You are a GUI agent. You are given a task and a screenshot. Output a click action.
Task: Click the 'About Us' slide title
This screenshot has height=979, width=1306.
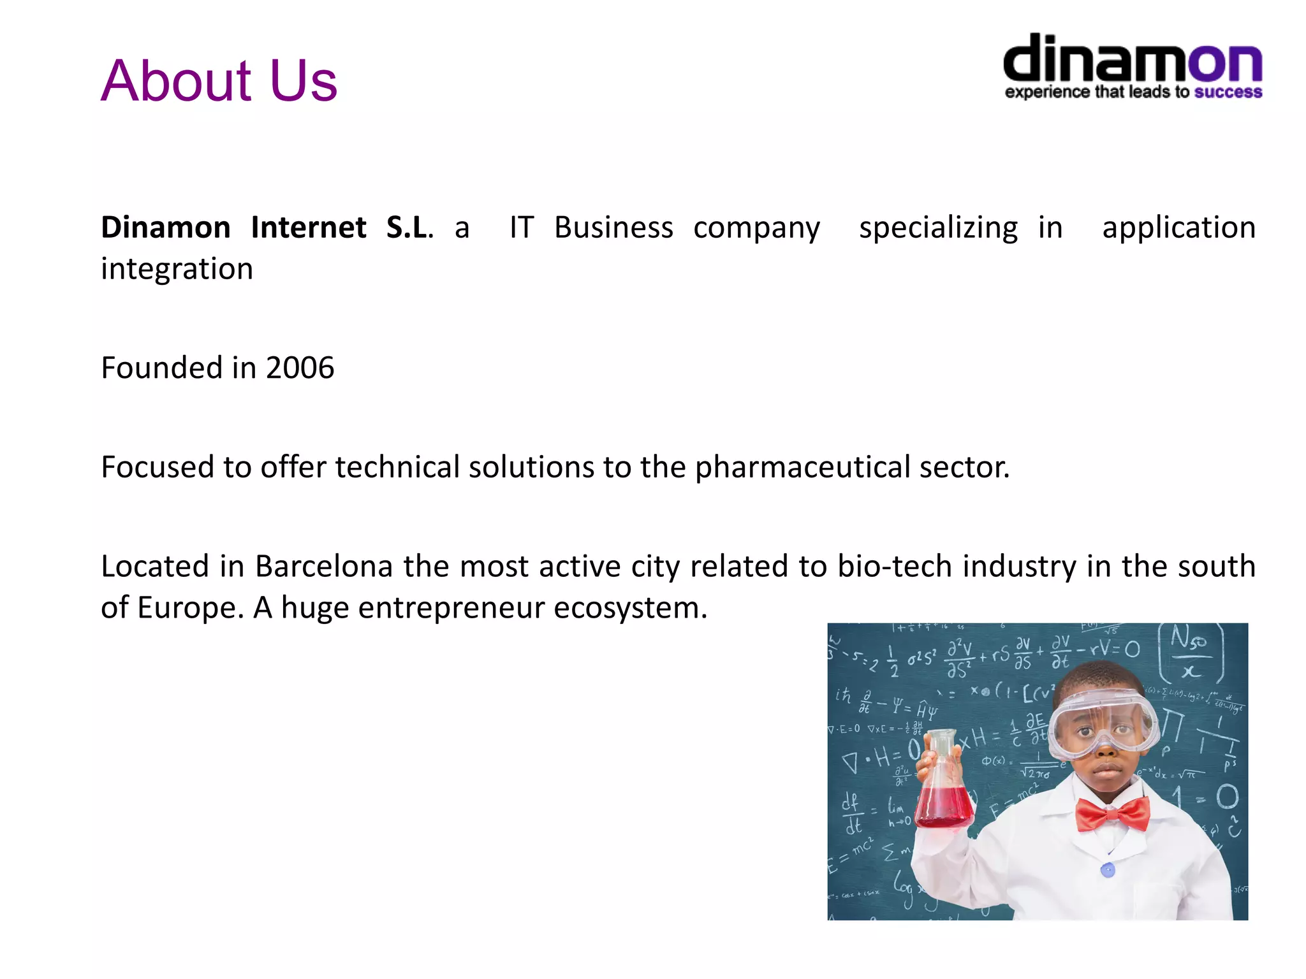click(x=219, y=80)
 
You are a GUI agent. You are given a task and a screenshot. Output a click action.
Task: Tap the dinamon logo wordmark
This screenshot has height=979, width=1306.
click(x=1133, y=59)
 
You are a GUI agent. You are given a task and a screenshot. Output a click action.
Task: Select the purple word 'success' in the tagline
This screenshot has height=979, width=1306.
click(x=1228, y=92)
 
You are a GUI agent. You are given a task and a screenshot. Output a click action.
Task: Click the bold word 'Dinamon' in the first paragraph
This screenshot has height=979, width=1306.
click(x=166, y=228)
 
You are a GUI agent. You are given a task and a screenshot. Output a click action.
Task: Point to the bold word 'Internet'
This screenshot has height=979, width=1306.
click(x=309, y=228)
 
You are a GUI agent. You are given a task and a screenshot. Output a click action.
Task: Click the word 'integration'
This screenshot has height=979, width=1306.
click(x=177, y=269)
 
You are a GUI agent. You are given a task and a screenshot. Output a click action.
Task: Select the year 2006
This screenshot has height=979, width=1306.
click(x=300, y=368)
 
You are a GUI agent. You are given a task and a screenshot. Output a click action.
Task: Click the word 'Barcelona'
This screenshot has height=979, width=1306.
click(x=323, y=566)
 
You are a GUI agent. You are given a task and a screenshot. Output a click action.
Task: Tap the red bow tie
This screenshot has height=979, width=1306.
click(x=1112, y=815)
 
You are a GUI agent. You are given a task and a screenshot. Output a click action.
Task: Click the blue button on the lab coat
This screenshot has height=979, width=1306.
click(x=1108, y=869)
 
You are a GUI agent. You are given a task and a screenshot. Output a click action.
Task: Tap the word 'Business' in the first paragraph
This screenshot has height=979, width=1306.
click(x=613, y=228)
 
